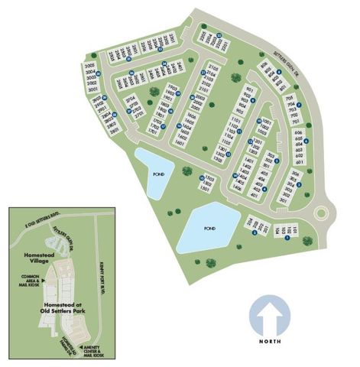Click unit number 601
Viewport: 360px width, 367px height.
[x=299, y=162]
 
